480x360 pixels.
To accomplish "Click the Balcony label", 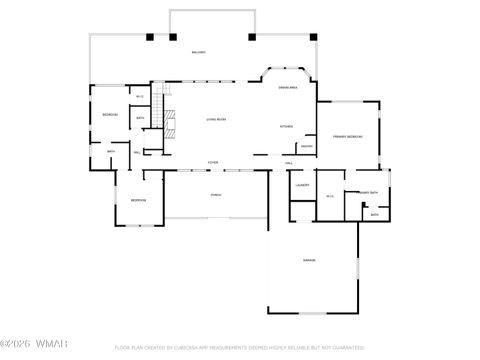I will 198,51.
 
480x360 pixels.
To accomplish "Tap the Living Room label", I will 216,120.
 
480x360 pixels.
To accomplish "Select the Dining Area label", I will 286,88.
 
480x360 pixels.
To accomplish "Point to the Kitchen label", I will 286,127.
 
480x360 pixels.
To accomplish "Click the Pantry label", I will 307,146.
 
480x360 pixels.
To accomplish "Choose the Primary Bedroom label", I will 347,136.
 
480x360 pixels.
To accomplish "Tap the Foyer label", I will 213,162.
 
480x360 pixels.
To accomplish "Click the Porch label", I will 216,195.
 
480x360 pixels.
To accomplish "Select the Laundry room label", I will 302,185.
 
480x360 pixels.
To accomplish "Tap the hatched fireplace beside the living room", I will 171,126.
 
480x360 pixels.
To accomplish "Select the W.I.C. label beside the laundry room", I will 330,196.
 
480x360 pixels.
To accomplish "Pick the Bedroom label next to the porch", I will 138,200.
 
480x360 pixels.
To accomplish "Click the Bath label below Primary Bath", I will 374,214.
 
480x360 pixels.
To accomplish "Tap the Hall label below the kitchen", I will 289,162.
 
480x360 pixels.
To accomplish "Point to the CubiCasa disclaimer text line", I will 240,348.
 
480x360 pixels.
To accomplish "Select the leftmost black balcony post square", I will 149,38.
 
